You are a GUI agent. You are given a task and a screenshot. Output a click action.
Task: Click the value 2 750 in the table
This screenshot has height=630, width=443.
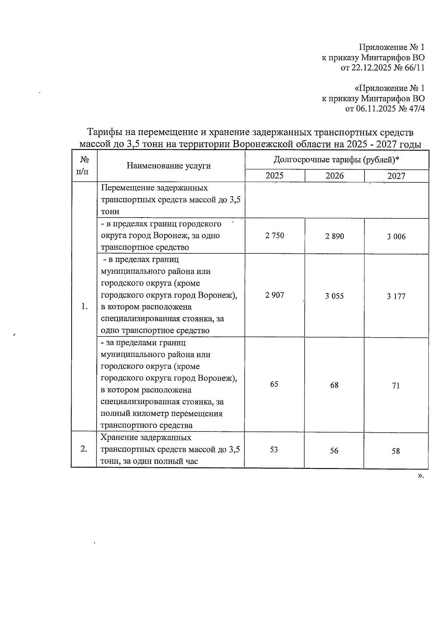point(275,236)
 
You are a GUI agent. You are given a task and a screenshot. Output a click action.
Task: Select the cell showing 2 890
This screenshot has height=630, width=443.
point(334,236)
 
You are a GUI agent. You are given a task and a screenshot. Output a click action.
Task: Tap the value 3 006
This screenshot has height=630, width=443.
point(396,237)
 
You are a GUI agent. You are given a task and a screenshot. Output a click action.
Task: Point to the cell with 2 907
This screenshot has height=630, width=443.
point(275,295)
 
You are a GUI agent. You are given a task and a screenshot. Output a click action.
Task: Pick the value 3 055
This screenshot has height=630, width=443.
point(334,296)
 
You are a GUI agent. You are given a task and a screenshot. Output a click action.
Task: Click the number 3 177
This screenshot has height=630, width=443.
point(396,297)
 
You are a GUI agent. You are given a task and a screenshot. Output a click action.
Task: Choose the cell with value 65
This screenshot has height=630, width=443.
point(274,384)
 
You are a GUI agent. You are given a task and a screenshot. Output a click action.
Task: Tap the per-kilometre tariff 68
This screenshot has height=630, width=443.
point(334,385)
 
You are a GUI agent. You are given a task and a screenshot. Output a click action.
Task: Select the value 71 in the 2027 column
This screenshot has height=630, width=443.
point(396,386)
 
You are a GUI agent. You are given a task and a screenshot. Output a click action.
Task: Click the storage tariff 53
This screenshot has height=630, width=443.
point(274,450)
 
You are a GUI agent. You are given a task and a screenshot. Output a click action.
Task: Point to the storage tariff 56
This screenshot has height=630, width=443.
point(334,451)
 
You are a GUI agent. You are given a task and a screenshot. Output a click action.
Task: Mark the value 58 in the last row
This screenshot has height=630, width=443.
point(396,451)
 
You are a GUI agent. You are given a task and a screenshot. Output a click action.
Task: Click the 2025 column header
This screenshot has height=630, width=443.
point(275,176)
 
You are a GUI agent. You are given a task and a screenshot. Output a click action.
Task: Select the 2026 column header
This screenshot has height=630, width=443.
point(334,176)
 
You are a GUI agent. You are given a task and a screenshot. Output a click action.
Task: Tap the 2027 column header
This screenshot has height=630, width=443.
point(396,176)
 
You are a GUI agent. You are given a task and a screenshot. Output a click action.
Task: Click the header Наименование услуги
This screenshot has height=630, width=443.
point(169,166)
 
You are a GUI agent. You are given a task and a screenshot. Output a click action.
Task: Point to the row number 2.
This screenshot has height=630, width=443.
point(84,449)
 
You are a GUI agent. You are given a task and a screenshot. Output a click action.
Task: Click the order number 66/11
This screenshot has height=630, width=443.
point(415,68)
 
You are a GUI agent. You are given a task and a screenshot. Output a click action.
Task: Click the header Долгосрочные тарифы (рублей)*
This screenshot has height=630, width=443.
point(337,160)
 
